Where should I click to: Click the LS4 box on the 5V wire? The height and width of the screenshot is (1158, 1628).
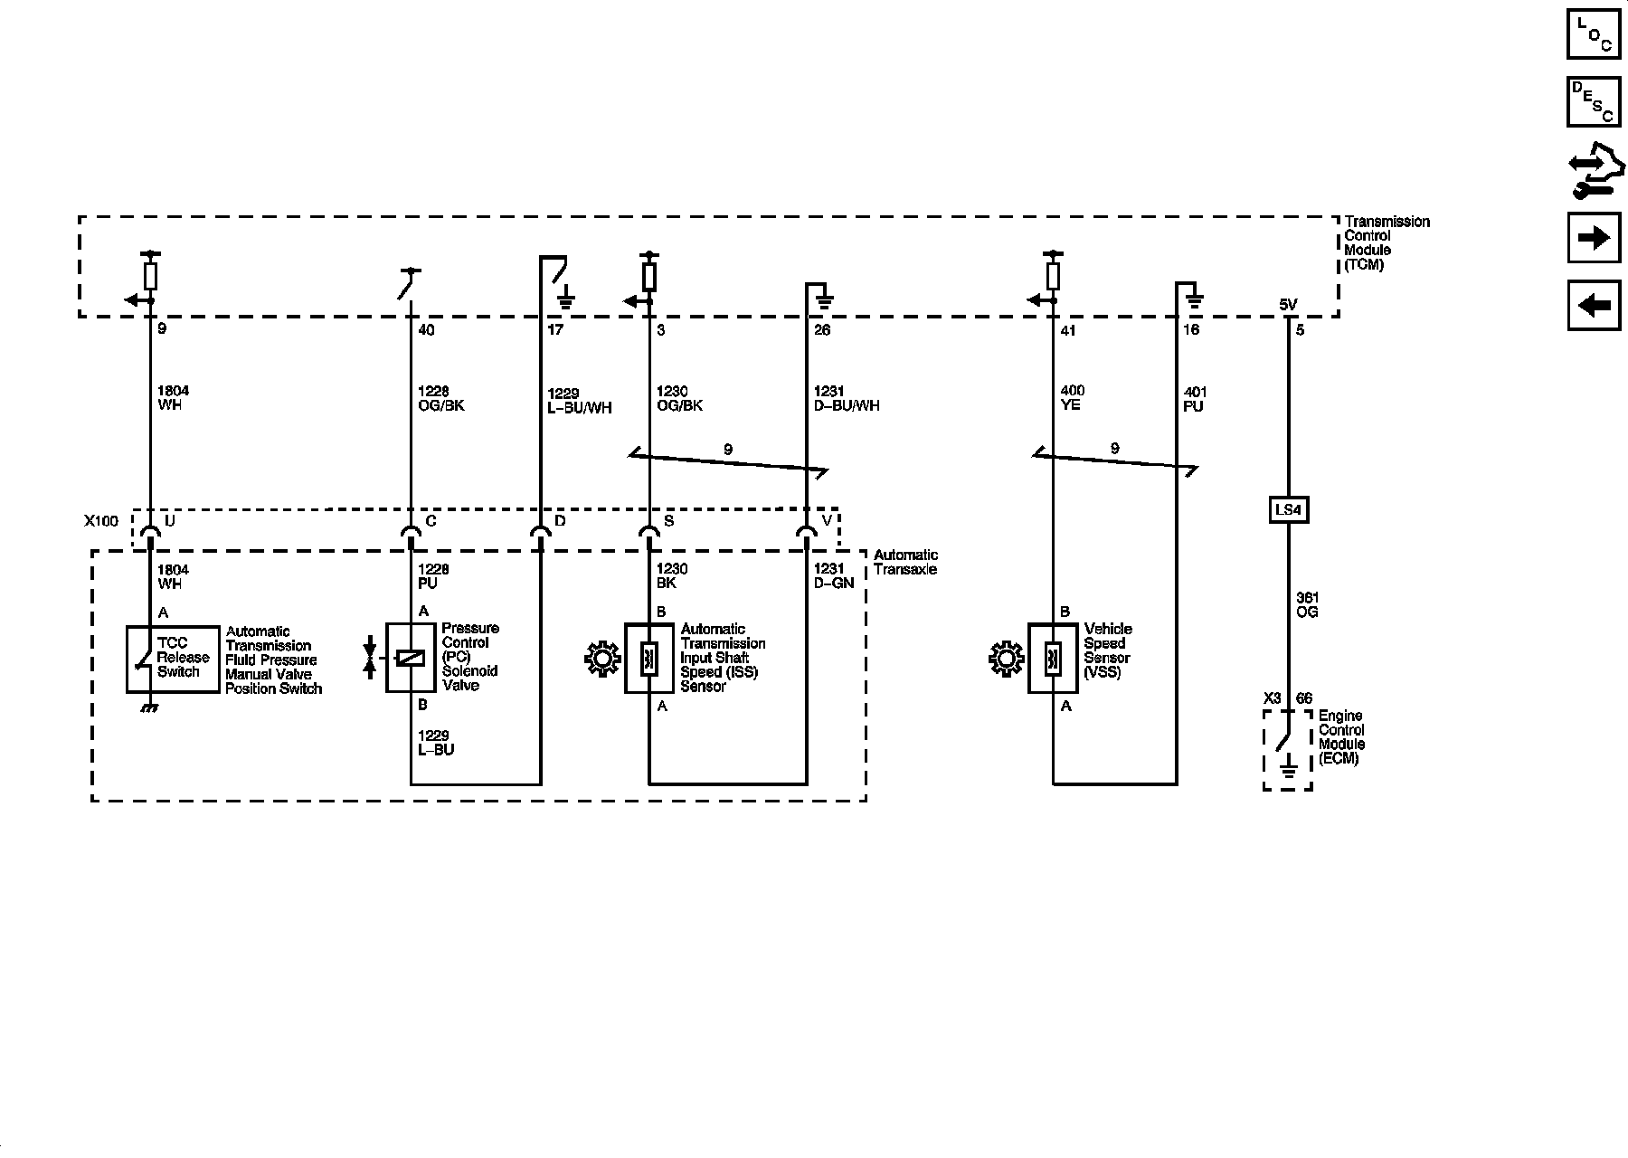coord(1287,510)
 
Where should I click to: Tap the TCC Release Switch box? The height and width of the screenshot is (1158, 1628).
coord(173,659)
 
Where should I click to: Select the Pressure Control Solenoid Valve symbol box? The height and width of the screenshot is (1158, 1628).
coord(412,658)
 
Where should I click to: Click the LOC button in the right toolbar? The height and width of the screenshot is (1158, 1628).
coord(1593,33)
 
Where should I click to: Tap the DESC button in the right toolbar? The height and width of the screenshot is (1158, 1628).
coord(1593,102)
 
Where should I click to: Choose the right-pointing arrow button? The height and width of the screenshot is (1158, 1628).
coord(1593,238)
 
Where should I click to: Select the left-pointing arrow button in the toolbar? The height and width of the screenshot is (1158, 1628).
coord(1593,306)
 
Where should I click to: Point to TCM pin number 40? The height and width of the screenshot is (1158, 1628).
coord(426,330)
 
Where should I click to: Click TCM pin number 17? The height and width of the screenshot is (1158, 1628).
coord(555,330)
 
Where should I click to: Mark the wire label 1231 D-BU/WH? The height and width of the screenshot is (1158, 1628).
coord(847,399)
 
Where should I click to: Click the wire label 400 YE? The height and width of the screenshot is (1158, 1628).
coord(1072,399)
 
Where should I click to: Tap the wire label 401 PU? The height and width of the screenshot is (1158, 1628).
coord(1195,400)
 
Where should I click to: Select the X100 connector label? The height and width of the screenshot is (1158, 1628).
coord(101,521)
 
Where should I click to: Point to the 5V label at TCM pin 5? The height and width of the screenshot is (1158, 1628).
coord(1288,306)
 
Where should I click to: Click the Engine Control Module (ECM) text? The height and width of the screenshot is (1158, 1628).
coord(1341,737)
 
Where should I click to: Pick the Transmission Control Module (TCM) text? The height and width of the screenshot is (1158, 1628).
coord(1387,243)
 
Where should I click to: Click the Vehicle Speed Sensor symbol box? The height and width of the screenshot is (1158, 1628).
coord(1053,658)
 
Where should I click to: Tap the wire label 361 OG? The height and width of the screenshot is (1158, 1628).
coord(1307,604)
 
